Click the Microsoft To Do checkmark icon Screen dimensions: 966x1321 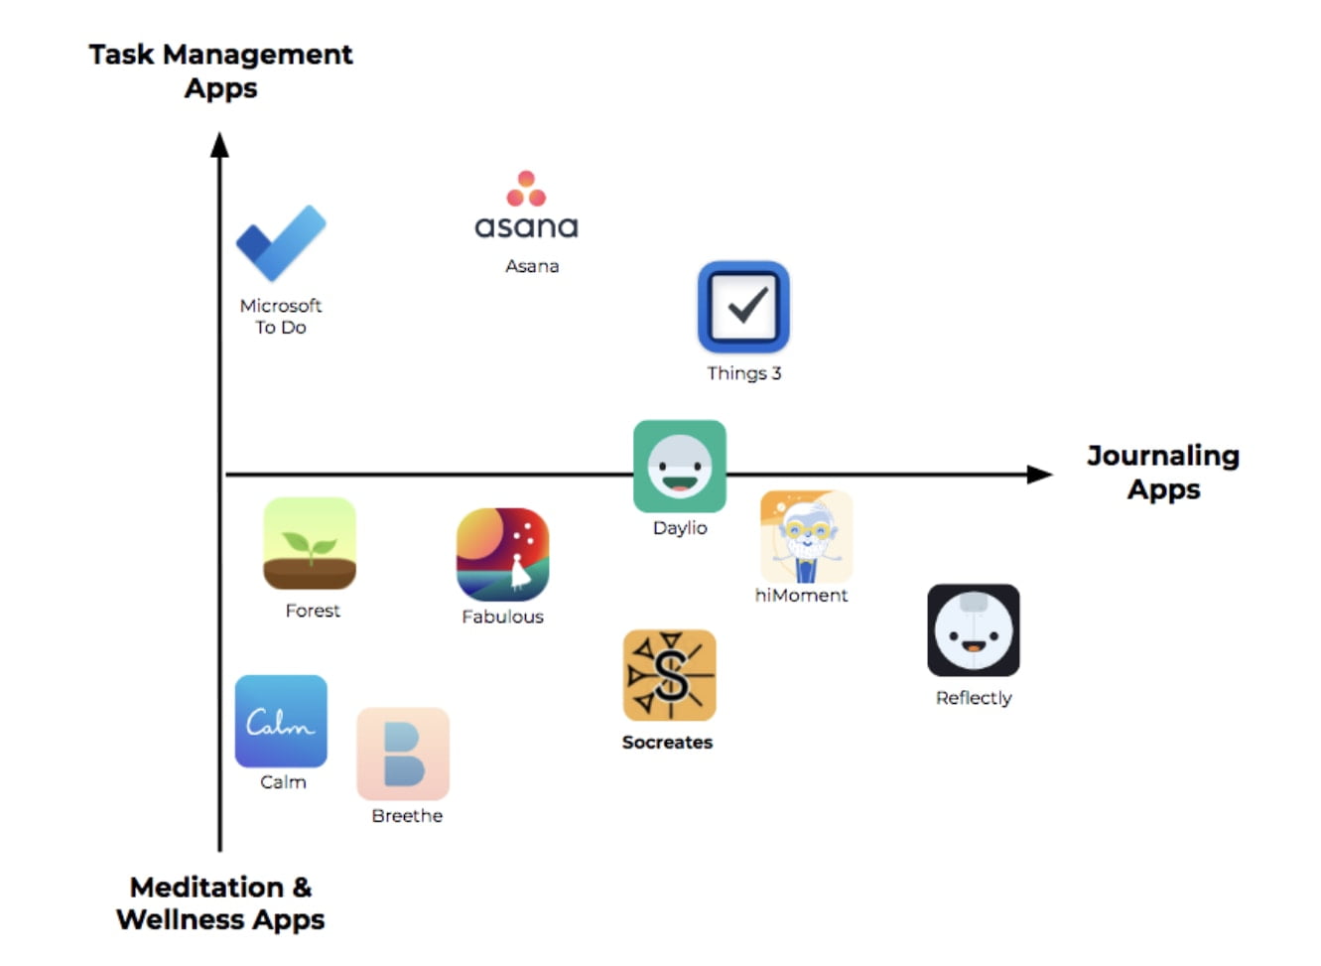281,242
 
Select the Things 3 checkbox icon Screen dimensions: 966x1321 743,307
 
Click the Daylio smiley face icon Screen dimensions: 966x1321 680,466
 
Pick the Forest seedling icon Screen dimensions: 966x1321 310,543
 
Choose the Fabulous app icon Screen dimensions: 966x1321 502,554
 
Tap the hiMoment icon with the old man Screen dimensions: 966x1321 806,536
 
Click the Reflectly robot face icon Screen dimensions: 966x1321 973,630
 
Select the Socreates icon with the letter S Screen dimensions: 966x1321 669,675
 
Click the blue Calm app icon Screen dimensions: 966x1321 281,721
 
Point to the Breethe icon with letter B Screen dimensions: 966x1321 403,754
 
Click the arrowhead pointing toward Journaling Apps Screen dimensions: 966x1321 1039,475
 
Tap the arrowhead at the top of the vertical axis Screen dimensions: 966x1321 219,146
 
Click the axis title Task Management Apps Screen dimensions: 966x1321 220,70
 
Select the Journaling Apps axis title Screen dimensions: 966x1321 1163,473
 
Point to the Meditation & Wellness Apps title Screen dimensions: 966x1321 220,902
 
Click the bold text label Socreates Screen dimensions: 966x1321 667,742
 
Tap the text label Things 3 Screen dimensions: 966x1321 743,373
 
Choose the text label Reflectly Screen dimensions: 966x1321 974,698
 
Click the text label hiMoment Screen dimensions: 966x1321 801,596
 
